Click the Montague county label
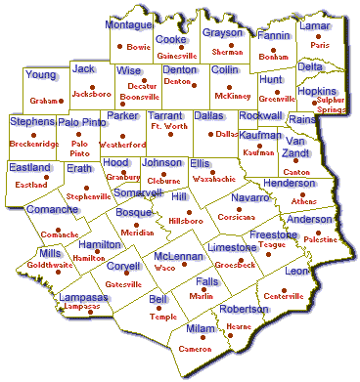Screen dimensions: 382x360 click(x=128, y=23)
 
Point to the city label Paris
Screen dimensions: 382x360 click(x=320, y=45)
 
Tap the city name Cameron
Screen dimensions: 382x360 click(x=196, y=349)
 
